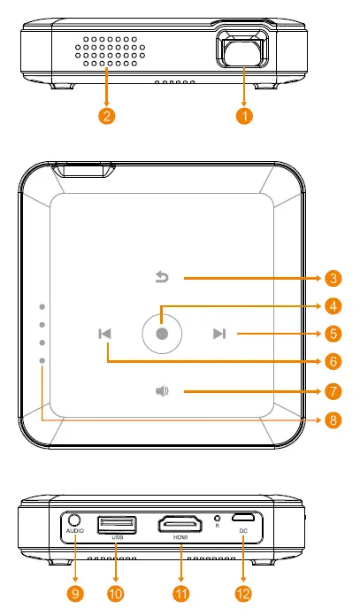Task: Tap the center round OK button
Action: coord(161,334)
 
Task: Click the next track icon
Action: coord(219,334)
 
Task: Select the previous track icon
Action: coord(105,334)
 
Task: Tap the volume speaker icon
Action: coord(162,390)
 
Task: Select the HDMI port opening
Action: coord(180,525)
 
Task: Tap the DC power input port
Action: coord(241,518)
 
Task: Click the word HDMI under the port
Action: coord(180,537)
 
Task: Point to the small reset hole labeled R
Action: coord(216,518)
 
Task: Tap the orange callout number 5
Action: coord(333,334)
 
